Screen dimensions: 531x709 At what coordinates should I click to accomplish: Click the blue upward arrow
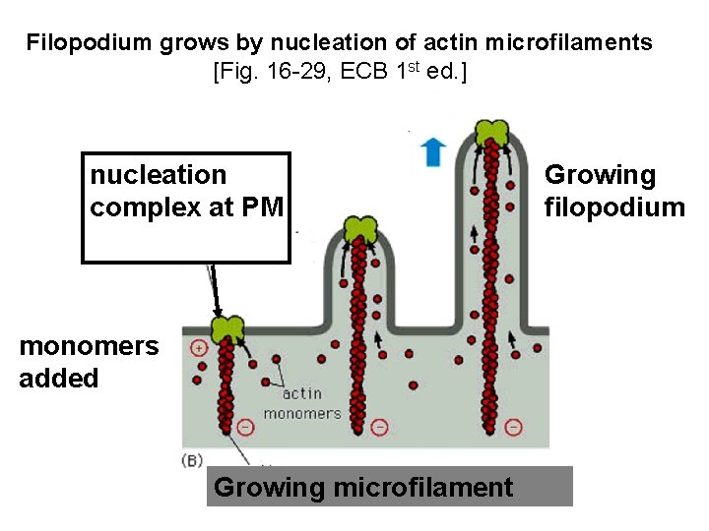(x=431, y=150)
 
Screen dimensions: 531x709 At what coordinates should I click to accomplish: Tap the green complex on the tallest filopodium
(x=490, y=131)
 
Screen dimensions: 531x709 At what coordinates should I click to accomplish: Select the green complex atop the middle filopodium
(x=360, y=229)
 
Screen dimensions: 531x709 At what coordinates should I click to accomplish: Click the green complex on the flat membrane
(x=228, y=328)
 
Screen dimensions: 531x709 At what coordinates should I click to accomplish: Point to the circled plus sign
(x=198, y=348)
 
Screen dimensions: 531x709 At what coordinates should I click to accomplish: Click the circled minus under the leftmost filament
(x=245, y=427)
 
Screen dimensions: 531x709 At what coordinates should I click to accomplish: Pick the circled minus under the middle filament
(x=379, y=427)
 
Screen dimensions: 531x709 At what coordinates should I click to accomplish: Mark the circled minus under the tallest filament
(x=513, y=427)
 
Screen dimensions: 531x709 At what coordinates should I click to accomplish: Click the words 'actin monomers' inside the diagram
(x=301, y=403)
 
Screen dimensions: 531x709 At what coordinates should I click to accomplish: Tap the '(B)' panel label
(x=194, y=459)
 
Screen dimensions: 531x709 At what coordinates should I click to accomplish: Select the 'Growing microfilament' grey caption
(x=363, y=487)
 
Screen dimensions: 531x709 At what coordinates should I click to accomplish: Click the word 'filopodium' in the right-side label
(x=614, y=206)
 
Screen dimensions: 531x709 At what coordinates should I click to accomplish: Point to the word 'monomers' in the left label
(x=89, y=346)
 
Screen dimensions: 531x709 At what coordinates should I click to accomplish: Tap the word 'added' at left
(x=59, y=379)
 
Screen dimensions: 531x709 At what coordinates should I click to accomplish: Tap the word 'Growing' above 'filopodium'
(x=600, y=175)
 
